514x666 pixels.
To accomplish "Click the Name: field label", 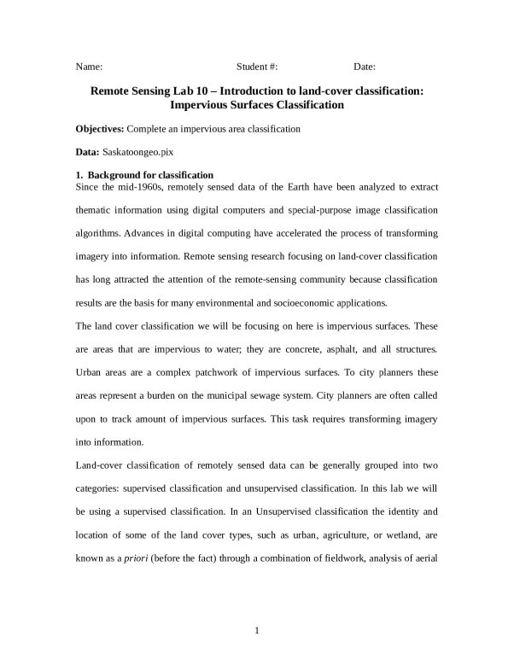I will [x=90, y=67].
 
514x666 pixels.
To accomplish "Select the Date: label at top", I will [x=365, y=67].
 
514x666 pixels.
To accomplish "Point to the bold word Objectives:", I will [x=100, y=129].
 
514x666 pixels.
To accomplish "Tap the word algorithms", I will [x=101, y=233].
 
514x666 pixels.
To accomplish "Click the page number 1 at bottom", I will [x=257, y=631].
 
